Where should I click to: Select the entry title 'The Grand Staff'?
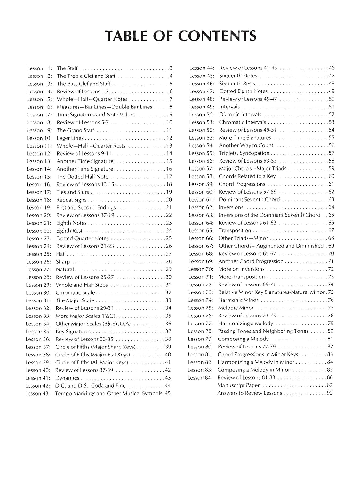pyautogui.click(x=75, y=130)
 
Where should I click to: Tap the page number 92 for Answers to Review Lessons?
pyautogui.click(x=330, y=393)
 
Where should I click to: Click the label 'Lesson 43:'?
pyautogui.click(x=38, y=393)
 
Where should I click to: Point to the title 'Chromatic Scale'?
pyautogui.click(x=75, y=293)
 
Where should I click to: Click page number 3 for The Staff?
pyautogui.click(x=171, y=68)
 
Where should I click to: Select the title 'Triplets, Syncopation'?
pyautogui.click(x=244, y=153)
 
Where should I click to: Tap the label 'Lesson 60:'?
pyautogui.click(x=201, y=192)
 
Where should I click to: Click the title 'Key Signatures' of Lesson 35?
pyautogui.click(x=73, y=332)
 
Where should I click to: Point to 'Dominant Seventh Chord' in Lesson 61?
pyautogui.click(x=249, y=200)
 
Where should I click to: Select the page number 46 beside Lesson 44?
pyautogui.click(x=332, y=68)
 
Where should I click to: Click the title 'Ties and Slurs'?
pyautogui.click(x=73, y=192)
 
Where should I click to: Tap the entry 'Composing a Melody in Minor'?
pyautogui.click(x=253, y=370)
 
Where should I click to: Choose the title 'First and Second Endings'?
pyautogui.click(x=86, y=208)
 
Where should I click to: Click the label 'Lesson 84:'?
pyautogui.click(x=200, y=378)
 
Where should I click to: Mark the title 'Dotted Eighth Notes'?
pyautogui.click(x=243, y=91)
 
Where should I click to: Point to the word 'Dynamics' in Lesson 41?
pyautogui.click(x=67, y=378)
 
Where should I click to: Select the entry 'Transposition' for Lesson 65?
pyautogui.click(x=235, y=231)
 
